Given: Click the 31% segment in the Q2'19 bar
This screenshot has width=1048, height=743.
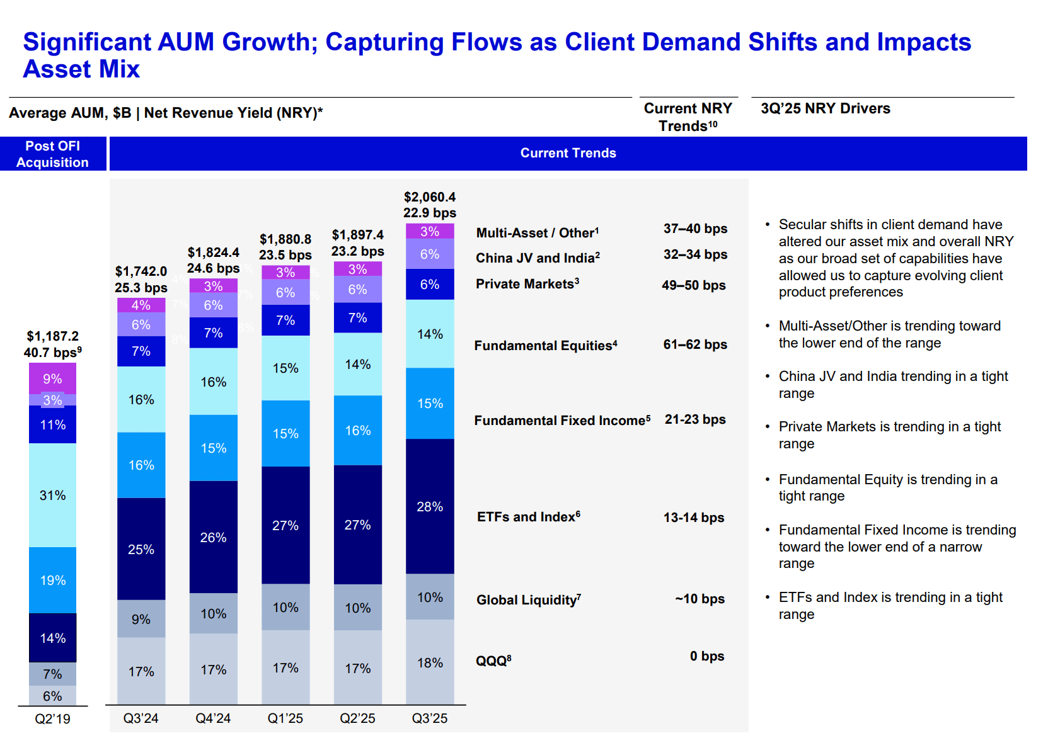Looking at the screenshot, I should click(52, 496).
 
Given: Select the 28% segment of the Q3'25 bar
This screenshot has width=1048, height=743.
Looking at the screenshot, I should click(430, 507).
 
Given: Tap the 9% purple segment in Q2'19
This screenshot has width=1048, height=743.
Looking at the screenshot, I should click(52, 378).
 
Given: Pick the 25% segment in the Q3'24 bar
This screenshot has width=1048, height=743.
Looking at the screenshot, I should click(141, 549).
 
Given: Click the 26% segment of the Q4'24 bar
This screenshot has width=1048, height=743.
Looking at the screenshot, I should click(213, 537).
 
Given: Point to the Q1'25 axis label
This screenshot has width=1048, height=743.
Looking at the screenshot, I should click(285, 718).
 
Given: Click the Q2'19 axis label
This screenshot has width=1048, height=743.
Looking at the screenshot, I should click(52, 718).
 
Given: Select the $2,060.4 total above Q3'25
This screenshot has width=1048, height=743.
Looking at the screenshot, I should click(430, 197).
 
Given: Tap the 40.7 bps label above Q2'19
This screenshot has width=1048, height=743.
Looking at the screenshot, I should click(52, 353).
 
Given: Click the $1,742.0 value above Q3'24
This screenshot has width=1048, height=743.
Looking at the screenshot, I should click(141, 271).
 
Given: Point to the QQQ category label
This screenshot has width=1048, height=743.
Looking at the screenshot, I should click(493, 661).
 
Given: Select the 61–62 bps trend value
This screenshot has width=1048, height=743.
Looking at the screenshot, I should click(695, 344).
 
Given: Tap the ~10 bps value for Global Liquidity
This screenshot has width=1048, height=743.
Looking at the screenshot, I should click(700, 599).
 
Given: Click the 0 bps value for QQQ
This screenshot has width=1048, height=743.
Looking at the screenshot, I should click(706, 656).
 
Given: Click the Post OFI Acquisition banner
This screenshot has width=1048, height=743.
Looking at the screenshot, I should click(52, 154).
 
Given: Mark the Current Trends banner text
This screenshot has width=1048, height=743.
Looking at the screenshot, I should click(568, 153).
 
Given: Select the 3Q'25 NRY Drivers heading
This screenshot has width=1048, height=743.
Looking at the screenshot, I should click(825, 108).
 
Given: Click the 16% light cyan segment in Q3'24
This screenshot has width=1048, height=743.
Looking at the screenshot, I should click(141, 400).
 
